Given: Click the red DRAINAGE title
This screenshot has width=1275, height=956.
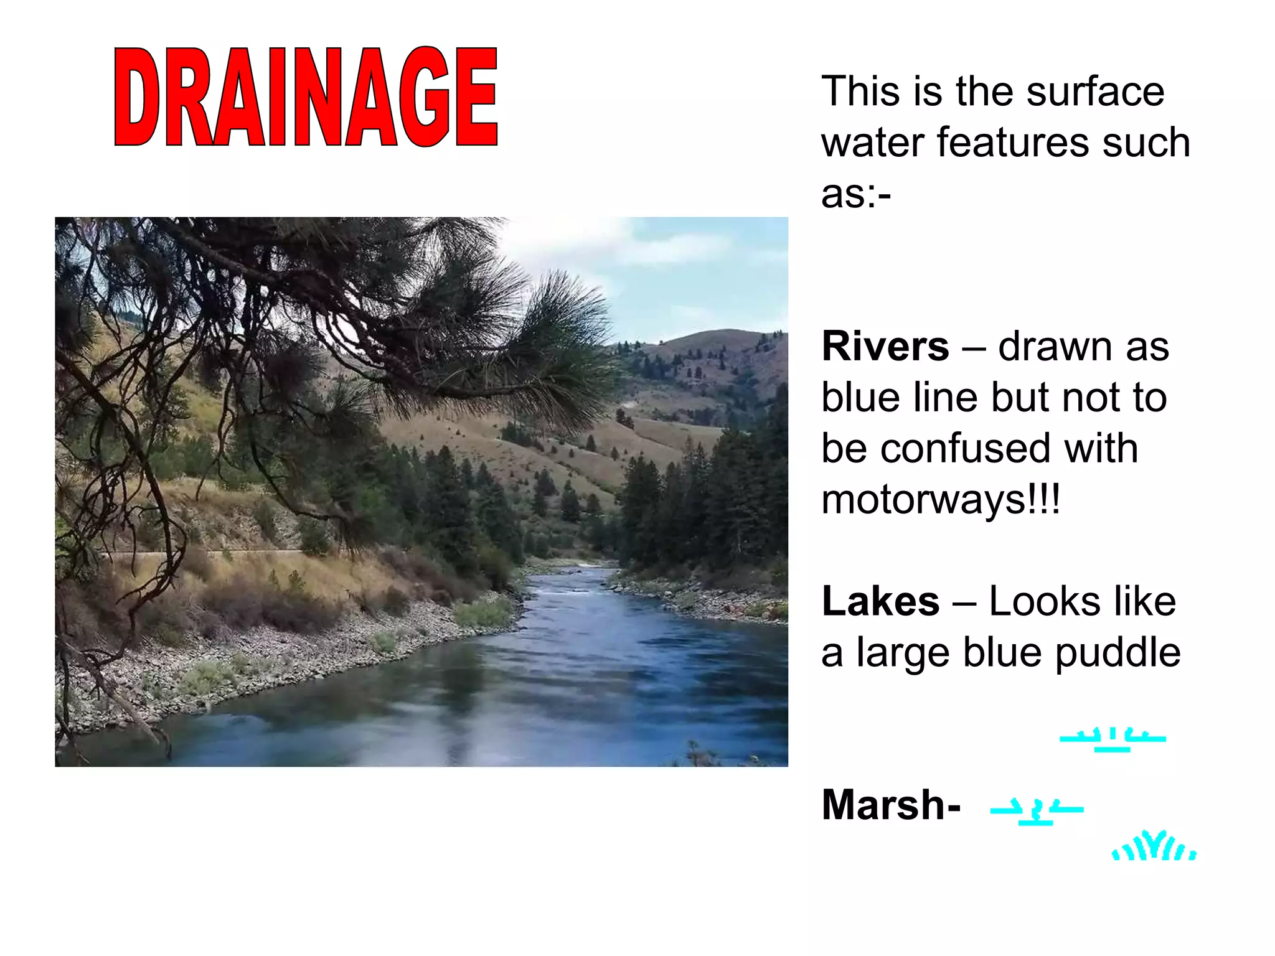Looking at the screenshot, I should (306, 97).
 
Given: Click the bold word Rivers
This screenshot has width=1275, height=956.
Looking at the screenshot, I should (885, 346).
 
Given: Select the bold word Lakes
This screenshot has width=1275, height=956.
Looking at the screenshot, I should (880, 601).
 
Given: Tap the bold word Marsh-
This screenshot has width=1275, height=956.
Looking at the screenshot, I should (891, 805).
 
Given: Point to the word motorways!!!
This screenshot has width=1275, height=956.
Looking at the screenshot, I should (940, 500).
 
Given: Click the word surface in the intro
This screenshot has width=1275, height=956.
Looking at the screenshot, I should (1095, 91).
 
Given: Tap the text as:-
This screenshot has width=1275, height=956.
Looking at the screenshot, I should (856, 194).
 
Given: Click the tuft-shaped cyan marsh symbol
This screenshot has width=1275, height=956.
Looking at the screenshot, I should (1154, 846).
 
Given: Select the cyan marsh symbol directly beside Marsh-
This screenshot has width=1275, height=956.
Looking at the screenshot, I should (1037, 812).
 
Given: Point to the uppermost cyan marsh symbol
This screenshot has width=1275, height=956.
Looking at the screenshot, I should (1113, 739).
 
